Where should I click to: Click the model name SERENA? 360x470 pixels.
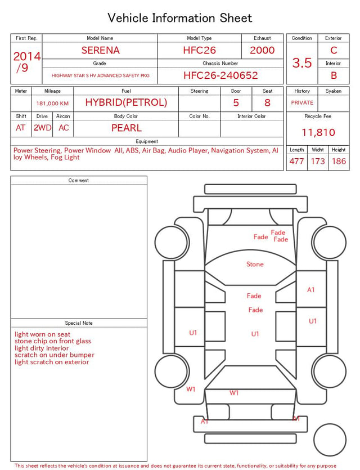pos(100,50)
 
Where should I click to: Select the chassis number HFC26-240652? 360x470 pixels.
pos(220,75)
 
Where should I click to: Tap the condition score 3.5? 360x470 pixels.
pos(302,62)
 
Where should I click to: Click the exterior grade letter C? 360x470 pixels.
pos(334,50)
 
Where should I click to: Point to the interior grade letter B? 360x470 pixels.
pos(334,75)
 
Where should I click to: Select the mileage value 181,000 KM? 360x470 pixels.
pos(52,104)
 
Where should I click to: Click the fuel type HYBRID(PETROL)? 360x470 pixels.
pos(126,102)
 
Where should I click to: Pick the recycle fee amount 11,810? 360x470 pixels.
pos(318,132)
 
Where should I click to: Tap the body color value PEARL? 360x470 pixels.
pos(127,128)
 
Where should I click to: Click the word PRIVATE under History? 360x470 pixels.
pos(302,102)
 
